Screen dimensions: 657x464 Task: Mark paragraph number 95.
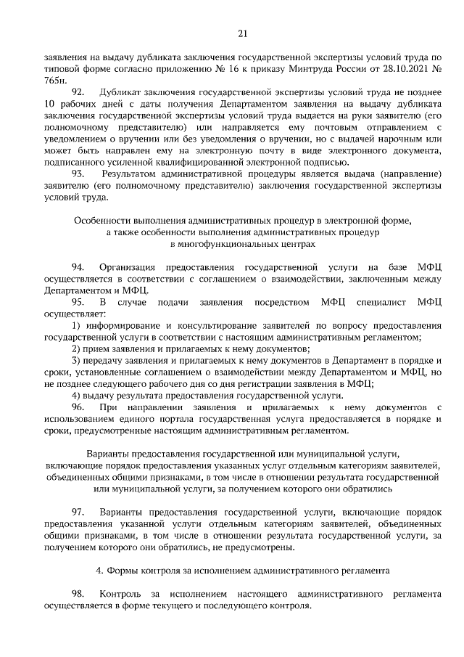[78, 301]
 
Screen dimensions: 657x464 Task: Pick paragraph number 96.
[78, 409]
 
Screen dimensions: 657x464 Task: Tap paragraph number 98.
[78, 595]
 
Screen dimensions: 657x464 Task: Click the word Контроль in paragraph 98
[125, 595]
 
